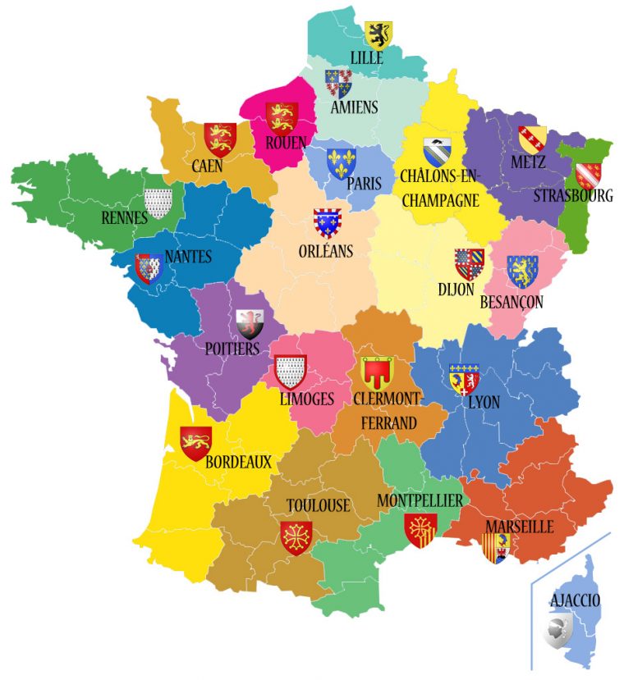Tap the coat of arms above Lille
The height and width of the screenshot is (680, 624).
click(x=379, y=34)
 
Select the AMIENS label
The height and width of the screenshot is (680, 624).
click(x=354, y=107)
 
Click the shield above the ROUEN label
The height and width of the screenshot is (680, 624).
click(x=281, y=117)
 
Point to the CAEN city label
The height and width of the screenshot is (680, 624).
click(x=209, y=167)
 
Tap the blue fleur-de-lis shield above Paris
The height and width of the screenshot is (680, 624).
click(x=341, y=162)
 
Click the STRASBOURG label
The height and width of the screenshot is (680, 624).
click(x=573, y=197)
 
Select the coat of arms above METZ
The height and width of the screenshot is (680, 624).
click(x=532, y=139)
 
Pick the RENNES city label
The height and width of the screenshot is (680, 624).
click(x=125, y=217)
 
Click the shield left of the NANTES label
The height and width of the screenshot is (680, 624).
click(x=149, y=268)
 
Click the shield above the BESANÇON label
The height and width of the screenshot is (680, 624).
click(x=521, y=271)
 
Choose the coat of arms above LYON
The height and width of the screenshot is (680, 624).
click(x=464, y=378)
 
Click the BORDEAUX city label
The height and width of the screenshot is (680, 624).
click(x=238, y=462)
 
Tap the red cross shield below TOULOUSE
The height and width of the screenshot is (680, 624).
click(x=296, y=537)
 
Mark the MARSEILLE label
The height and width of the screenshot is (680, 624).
click(x=519, y=527)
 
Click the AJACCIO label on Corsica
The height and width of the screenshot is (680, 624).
click(x=575, y=600)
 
